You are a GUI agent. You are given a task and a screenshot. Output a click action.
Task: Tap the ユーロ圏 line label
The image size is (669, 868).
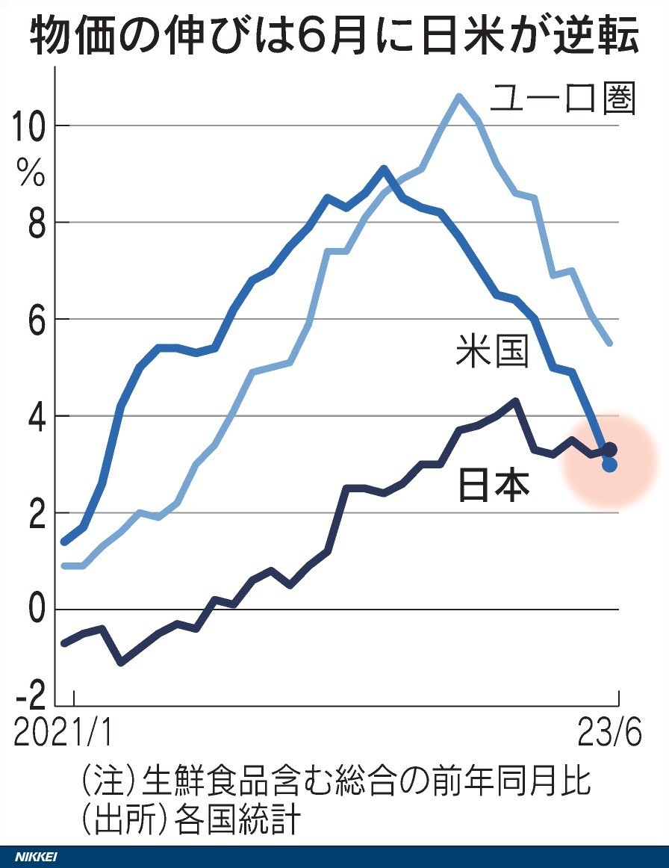click(x=562, y=99)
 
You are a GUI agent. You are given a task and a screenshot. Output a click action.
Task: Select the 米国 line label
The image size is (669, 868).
click(x=493, y=352)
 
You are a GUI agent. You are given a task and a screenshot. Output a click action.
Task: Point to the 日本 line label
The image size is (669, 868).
click(x=493, y=486)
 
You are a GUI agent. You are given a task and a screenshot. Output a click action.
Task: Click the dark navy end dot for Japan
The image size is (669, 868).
click(x=610, y=449)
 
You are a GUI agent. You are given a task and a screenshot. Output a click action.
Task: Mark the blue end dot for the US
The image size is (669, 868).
click(x=609, y=465)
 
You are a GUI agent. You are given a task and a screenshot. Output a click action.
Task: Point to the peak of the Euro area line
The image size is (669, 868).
click(x=458, y=96)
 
